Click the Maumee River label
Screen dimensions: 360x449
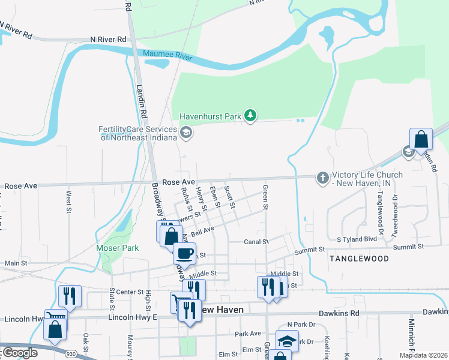(x=167, y=58)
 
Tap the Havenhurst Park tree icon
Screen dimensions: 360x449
(x=251, y=116)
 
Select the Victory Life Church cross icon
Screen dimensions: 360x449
(x=322, y=178)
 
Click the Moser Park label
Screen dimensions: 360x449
(x=118, y=248)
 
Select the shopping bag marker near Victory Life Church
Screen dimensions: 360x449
(x=421, y=139)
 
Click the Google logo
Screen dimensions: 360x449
(x=19, y=353)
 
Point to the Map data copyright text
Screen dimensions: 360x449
(x=423, y=355)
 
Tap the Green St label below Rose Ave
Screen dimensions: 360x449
(x=265, y=197)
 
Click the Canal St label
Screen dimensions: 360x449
(x=255, y=242)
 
